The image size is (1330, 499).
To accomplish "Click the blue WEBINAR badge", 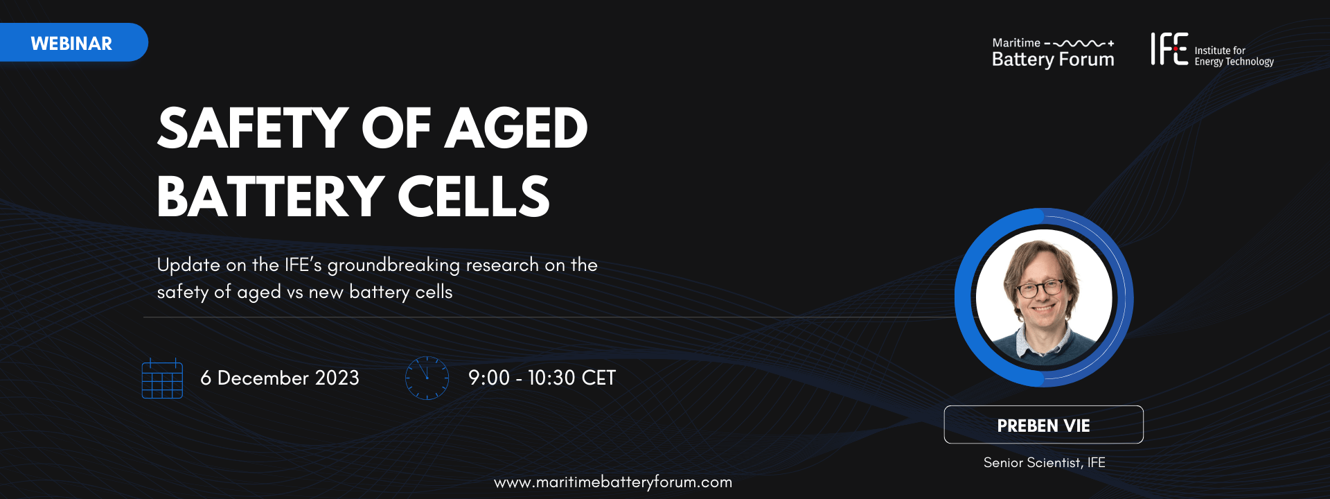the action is click(73, 42).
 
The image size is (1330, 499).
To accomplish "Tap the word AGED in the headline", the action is click(516, 128).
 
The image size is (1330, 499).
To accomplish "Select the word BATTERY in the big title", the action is click(270, 196).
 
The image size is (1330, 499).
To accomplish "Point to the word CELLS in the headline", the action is click(474, 196).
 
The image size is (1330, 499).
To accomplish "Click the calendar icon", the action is click(162, 378).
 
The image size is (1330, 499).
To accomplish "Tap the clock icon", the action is click(427, 378).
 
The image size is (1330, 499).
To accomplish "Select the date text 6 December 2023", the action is click(280, 378).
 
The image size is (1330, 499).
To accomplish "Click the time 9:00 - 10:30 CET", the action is click(542, 378).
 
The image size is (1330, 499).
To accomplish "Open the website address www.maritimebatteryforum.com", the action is click(613, 482).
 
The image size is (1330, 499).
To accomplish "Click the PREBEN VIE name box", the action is click(1043, 425).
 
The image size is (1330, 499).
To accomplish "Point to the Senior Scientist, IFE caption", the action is click(1044, 463).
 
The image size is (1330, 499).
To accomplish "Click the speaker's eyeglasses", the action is click(1040, 288).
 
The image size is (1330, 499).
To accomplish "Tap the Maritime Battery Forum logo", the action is click(1053, 53).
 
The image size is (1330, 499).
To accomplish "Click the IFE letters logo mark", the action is click(1169, 49).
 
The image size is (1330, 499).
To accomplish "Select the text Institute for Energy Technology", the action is click(1234, 56).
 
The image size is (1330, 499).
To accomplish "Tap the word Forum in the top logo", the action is click(1087, 60).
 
